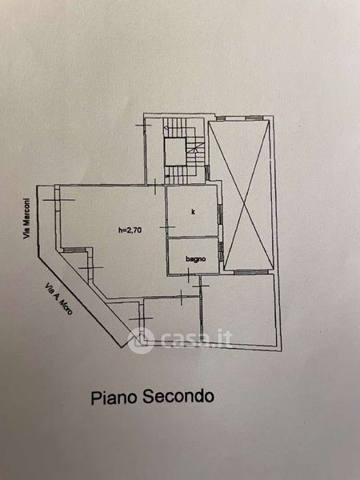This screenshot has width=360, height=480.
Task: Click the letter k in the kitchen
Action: [x=193, y=211]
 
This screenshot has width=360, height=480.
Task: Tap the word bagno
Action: [x=196, y=259]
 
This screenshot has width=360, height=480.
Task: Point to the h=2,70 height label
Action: [x=130, y=230]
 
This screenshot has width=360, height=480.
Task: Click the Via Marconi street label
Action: [x=28, y=218]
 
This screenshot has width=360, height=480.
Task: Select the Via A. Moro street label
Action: [x=58, y=299]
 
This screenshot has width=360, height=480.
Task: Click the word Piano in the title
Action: [x=114, y=398]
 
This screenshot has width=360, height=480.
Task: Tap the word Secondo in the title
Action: [x=178, y=397]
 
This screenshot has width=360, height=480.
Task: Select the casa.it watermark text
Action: [x=196, y=338]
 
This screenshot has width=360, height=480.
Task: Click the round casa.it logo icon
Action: [x=141, y=341]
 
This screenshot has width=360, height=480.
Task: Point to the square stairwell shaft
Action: [x=174, y=152]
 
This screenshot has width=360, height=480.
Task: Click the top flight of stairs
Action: [x=174, y=128]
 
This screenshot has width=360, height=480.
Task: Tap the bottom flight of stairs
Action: [x=181, y=175]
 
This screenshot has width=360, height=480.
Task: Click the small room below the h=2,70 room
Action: [x=171, y=318]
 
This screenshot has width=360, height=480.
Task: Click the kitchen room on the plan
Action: [x=192, y=211]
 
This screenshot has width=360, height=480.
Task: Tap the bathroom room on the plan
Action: [x=194, y=256]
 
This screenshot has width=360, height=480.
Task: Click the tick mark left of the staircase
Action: [x=143, y=126]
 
